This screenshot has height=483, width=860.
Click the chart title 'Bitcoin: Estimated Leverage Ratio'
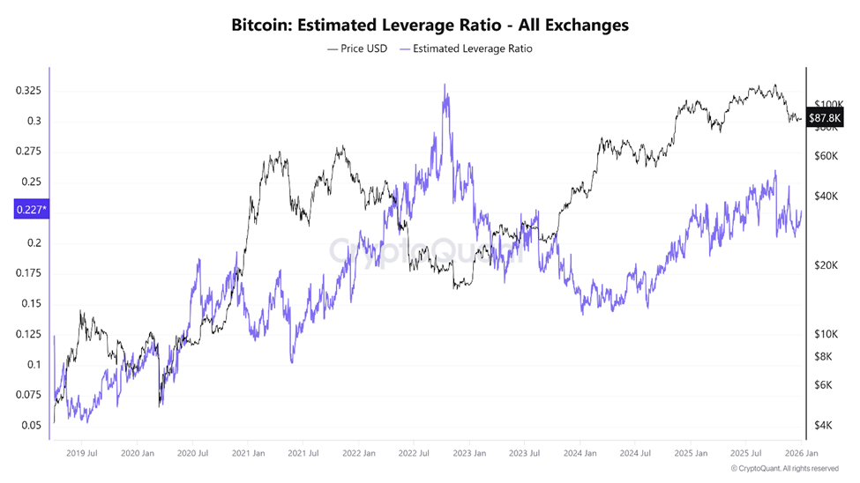pyautogui.click(x=430, y=26)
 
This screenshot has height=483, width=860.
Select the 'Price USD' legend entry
pyautogui.click(x=357, y=48)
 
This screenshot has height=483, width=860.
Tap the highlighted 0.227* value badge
pyautogui.click(x=32, y=210)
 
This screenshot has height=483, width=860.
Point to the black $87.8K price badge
pyautogui.click(x=827, y=117)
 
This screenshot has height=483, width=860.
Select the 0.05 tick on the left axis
pyautogui.click(x=32, y=425)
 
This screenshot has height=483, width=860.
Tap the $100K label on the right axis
pyautogui.click(x=829, y=103)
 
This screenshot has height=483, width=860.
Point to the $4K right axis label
pyautogui.click(x=823, y=425)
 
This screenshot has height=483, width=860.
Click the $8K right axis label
pyautogui.click(x=823, y=356)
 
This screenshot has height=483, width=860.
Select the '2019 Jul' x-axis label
pyautogui.click(x=81, y=453)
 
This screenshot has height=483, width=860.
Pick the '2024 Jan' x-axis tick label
pyautogui.click(x=580, y=453)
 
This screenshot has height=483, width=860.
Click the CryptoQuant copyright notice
pyautogui.click(x=785, y=469)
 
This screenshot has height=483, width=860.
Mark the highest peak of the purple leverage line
pyautogui.click(x=445, y=85)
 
